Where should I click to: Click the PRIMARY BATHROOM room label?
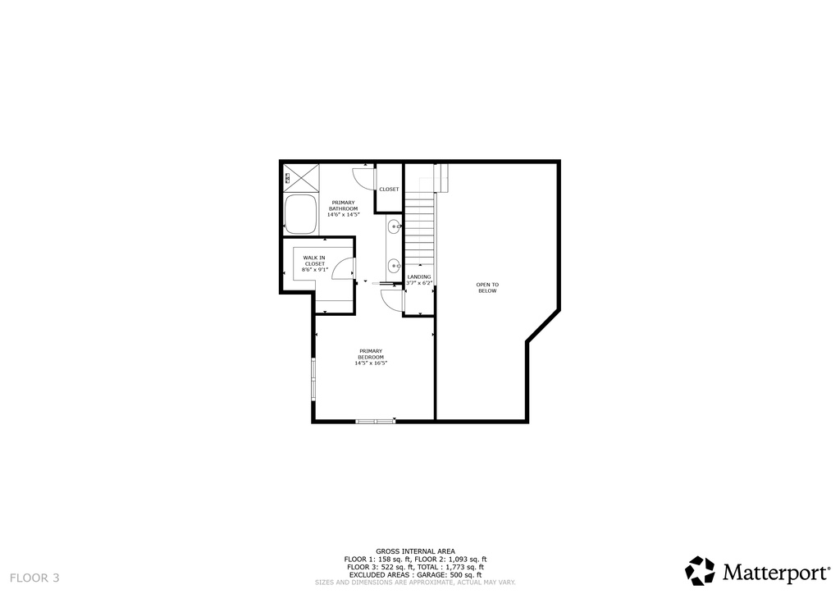click(343, 205)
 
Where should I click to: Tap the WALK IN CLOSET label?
click(314, 260)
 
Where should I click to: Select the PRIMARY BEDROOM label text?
click(371, 354)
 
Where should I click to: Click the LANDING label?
click(418, 276)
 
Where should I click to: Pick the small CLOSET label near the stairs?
click(389, 190)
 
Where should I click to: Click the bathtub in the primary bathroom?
click(301, 216)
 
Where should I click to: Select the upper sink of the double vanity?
click(394, 226)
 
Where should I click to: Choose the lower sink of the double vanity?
click(394, 265)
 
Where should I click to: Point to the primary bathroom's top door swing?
click(363, 176)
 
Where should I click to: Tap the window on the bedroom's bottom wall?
click(376, 422)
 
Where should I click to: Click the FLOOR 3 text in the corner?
click(34, 578)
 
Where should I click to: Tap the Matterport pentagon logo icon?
click(701, 571)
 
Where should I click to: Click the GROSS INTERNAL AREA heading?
click(415, 551)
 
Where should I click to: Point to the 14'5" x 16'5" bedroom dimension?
click(371, 363)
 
